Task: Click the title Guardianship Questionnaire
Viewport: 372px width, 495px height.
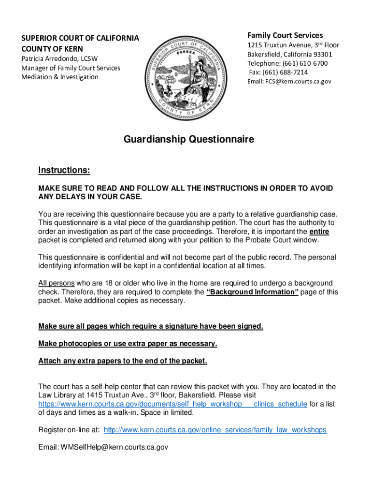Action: pos(189,140)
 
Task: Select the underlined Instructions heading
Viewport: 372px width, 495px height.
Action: pos(64,170)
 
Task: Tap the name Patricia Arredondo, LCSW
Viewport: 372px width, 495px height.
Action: pos(59,59)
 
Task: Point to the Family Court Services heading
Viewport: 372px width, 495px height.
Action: pos(285,35)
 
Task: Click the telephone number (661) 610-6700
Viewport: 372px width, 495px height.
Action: pos(304,63)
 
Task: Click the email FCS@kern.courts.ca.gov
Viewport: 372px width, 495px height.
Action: pos(298,82)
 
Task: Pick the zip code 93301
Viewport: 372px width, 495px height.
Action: pos(321,54)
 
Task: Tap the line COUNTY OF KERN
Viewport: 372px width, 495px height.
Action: pos(52,49)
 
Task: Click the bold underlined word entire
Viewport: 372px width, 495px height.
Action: pos(319,232)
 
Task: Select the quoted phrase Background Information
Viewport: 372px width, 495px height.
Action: pos(252,292)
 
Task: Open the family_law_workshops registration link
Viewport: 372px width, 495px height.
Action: pos(215,430)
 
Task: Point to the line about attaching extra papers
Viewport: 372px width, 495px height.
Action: pos(123,361)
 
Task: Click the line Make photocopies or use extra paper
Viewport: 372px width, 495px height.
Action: pos(128,344)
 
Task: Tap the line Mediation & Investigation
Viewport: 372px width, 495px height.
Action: pos(59,77)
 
